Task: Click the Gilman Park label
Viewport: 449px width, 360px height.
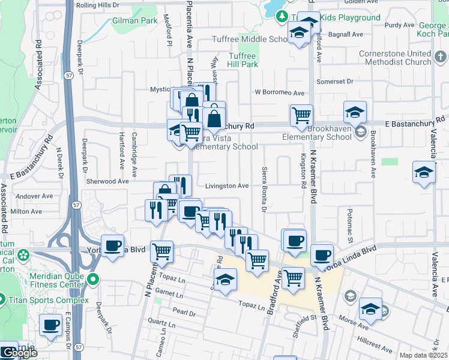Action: (x=134, y=20)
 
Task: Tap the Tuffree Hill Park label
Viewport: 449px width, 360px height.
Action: (x=243, y=60)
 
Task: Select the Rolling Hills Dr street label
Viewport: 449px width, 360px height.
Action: (x=97, y=5)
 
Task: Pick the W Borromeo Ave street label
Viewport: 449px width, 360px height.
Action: (x=279, y=92)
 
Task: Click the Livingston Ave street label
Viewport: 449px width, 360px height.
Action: (x=227, y=186)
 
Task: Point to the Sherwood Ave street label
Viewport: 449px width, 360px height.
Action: (x=107, y=181)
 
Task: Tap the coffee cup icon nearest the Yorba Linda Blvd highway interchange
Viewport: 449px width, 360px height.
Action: (x=113, y=246)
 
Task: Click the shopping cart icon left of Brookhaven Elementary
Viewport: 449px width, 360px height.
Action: (x=301, y=115)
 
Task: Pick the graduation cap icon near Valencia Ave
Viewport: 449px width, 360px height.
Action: (x=424, y=172)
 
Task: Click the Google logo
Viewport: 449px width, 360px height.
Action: (x=20, y=353)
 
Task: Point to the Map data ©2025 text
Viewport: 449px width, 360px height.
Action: (x=423, y=355)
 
